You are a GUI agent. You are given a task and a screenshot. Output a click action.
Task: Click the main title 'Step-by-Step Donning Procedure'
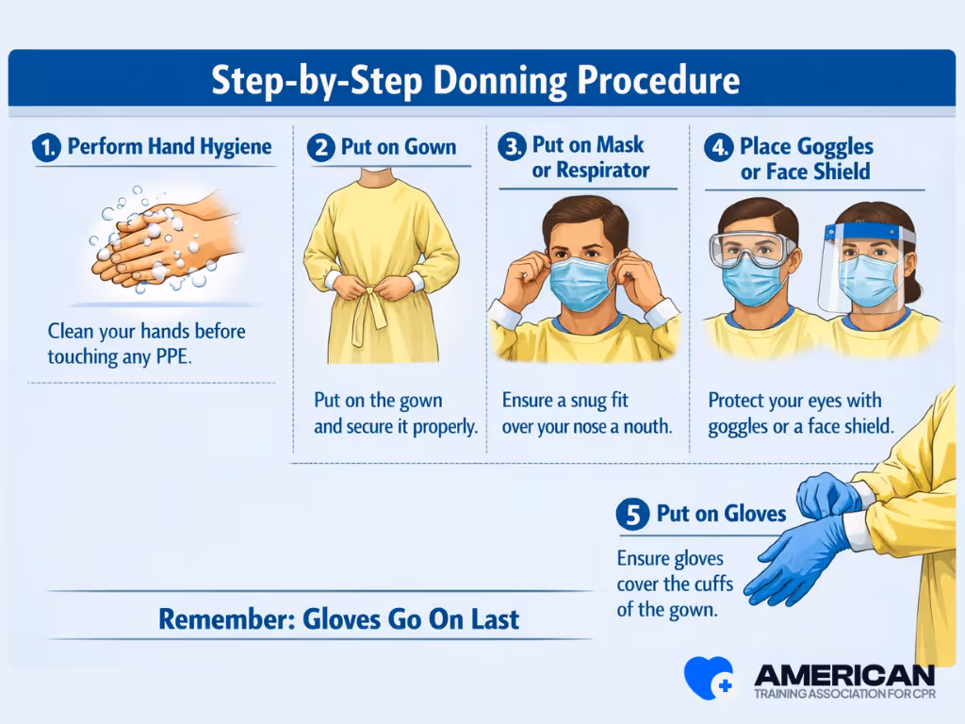coord(475,80)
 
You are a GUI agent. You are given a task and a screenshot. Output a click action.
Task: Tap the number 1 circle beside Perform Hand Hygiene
coord(45,148)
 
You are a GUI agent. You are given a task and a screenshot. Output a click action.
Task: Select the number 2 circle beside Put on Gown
coord(321,148)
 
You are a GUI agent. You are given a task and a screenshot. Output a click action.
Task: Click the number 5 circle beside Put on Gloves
coord(632,515)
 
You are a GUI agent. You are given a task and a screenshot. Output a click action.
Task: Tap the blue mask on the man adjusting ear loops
coord(581,284)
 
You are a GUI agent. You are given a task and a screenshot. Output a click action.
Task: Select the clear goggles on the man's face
coord(751,249)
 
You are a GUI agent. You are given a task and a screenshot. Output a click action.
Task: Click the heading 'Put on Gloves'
coord(721,514)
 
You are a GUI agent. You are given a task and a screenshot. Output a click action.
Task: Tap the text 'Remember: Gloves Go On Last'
coord(338,619)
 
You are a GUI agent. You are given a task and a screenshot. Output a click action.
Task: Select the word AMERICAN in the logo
coord(844,675)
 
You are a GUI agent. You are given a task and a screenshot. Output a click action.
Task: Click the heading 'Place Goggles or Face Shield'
coord(806,159)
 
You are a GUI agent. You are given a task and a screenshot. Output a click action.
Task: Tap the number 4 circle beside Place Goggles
coord(720,148)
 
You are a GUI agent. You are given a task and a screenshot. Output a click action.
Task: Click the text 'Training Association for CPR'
coord(844,695)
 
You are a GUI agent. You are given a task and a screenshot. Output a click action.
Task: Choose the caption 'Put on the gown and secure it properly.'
coord(395,413)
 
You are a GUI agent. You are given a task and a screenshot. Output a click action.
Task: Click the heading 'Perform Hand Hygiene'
coord(169,146)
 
